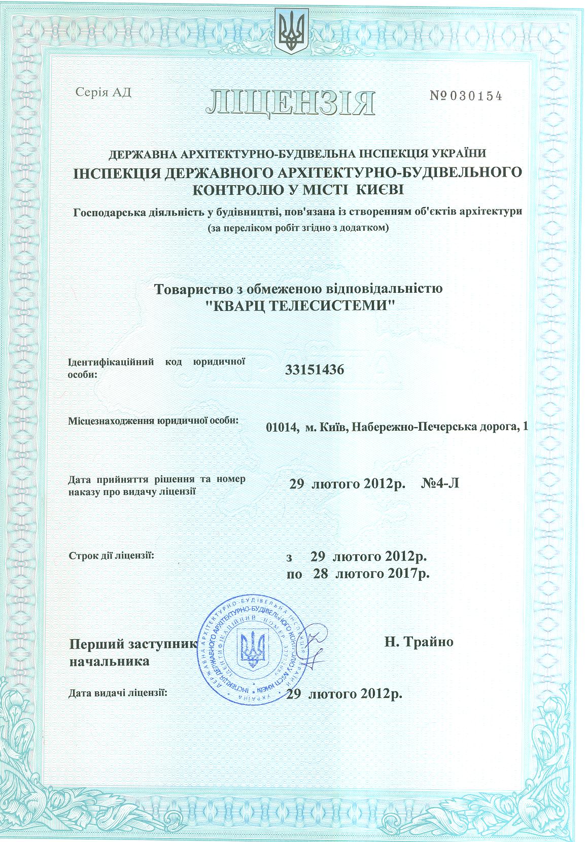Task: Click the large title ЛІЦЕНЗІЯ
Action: [291, 102]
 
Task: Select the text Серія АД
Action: [103, 92]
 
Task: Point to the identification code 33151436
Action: [314, 370]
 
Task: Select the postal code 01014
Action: [281, 428]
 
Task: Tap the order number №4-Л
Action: [440, 483]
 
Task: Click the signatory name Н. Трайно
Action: [417, 642]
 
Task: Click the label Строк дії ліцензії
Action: [111, 556]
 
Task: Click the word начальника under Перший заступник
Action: [109, 661]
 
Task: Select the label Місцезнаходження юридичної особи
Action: [152, 420]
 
